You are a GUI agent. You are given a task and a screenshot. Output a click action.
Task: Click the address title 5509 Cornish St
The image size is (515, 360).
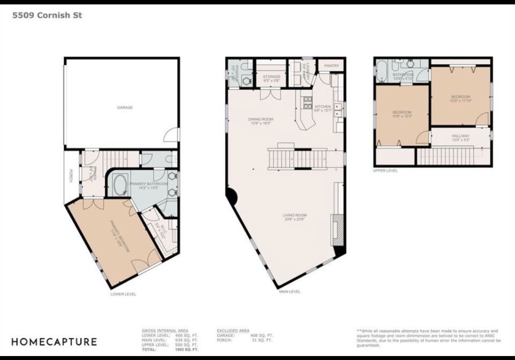point(47,15)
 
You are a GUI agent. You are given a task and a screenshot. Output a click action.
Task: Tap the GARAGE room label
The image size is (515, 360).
point(125,107)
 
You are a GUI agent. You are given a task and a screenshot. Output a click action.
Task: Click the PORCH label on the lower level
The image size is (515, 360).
point(70,176)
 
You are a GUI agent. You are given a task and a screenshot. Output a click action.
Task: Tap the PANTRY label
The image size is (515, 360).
point(331,66)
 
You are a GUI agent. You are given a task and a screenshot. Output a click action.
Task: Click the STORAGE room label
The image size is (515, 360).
point(272,77)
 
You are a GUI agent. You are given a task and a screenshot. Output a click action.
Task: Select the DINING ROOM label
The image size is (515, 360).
point(261,119)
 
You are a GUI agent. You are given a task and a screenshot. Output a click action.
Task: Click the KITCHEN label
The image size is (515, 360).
point(323,107)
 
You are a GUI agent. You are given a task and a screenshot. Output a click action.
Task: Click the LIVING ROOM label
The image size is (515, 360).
point(294,215)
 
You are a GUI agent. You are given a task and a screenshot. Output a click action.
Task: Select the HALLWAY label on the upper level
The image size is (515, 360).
point(460,136)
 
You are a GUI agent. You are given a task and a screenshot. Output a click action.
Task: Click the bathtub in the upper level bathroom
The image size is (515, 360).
point(381,71)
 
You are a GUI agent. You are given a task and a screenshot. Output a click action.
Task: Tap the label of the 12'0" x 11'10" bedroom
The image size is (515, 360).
point(460,97)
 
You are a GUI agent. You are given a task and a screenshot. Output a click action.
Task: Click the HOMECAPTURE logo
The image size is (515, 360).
point(54,342)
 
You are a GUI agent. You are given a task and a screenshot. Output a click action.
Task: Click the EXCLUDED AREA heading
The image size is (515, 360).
point(233,331)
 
